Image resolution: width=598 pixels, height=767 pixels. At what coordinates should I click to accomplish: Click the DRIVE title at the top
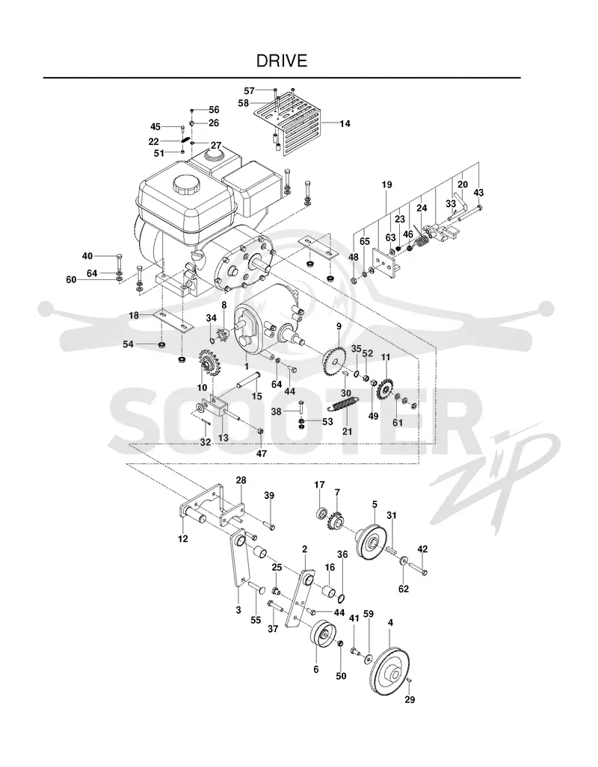(x=282, y=60)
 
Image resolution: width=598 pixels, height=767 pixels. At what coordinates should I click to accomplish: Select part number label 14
(x=345, y=124)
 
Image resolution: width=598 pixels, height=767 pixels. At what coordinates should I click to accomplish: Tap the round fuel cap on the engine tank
(x=187, y=185)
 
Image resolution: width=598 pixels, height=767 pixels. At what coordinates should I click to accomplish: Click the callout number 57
(x=249, y=90)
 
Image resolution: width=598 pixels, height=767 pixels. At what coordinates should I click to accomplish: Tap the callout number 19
(x=386, y=185)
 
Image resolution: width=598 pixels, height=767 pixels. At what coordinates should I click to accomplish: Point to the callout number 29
(x=410, y=700)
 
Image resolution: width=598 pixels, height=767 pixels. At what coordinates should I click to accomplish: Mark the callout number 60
(x=72, y=279)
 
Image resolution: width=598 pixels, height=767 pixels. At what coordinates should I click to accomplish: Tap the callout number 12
(x=182, y=538)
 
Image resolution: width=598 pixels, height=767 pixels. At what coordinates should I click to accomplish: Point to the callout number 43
(x=478, y=193)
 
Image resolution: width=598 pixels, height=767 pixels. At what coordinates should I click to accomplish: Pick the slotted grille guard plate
(x=293, y=127)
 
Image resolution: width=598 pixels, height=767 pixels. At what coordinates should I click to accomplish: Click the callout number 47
(x=262, y=453)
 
